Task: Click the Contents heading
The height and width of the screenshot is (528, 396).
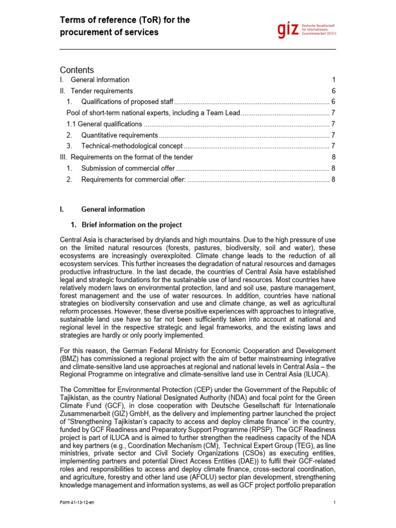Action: (x=77, y=70)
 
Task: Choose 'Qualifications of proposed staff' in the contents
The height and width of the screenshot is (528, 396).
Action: (x=127, y=102)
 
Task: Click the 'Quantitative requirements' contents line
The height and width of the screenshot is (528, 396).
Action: (x=119, y=135)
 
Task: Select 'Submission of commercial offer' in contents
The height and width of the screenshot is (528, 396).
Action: (x=128, y=168)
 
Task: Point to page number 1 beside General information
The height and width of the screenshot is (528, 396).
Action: (x=334, y=80)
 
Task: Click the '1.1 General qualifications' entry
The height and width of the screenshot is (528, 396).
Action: (x=104, y=124)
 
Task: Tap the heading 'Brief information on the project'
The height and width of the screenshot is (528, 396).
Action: (x=131, y=225)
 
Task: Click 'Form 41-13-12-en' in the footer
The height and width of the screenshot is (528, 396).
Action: (x=77, y=503)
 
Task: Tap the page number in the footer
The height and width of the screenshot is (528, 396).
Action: (x=335, y=503)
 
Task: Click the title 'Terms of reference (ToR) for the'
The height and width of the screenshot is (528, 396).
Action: (x=125, y=20)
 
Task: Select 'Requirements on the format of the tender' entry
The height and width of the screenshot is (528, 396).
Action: (x=131, y=157)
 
